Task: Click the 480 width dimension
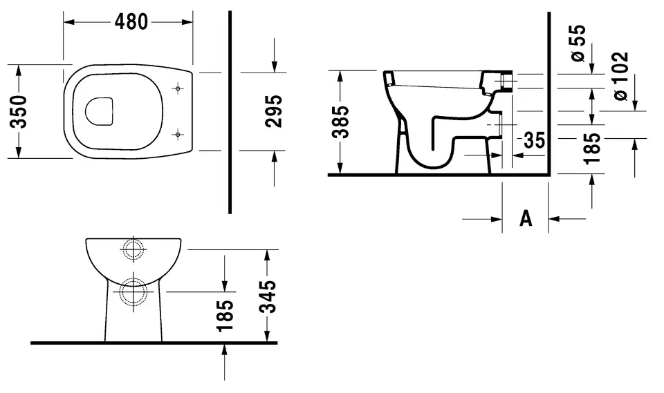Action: point(131,21)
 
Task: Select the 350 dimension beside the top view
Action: point(19,112)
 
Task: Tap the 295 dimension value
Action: point(274,111)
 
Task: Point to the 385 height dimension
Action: point(340,122)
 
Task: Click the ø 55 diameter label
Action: point(578,43)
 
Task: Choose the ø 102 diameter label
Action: point(620,76)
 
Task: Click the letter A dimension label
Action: point(526,218)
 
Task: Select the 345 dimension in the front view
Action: point(268,296)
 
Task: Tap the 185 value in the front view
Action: point(225,316)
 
